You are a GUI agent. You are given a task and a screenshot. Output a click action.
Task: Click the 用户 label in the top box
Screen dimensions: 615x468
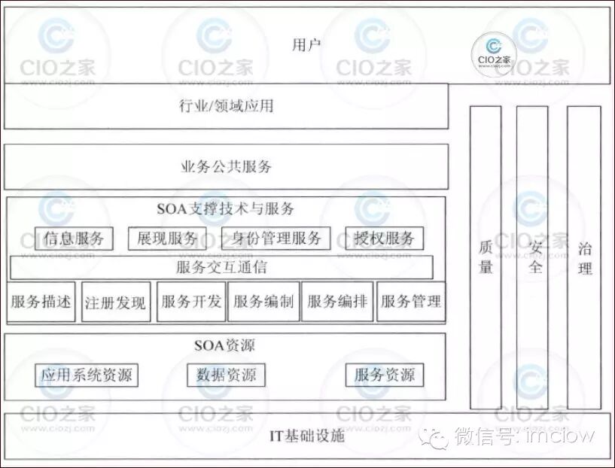306,44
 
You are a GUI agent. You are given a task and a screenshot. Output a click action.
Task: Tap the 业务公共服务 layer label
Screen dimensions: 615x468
226,166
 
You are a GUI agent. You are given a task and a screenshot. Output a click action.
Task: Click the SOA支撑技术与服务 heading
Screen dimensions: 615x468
226,208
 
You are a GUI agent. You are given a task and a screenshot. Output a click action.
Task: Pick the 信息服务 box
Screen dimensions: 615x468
74,239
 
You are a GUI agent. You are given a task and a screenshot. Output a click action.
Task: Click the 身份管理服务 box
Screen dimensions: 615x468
276,239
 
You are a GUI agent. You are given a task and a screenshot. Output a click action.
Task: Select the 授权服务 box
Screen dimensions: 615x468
384,239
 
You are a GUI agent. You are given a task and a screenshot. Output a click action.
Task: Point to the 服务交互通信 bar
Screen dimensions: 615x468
221,267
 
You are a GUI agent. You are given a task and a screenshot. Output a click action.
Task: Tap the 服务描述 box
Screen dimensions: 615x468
41,302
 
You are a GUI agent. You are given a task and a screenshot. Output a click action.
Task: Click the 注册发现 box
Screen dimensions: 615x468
116,302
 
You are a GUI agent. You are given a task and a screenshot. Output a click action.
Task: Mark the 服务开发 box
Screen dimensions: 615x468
191,302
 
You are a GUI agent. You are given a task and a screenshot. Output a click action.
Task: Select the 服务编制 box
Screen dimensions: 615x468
263,302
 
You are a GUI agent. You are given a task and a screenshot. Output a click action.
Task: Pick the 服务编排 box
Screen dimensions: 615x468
337,302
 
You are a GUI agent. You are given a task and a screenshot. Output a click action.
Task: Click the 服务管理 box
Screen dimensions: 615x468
410,302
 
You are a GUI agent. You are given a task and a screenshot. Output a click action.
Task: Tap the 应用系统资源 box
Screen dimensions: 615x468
87,375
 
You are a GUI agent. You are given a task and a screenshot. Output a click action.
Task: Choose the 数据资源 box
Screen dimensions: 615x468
226,375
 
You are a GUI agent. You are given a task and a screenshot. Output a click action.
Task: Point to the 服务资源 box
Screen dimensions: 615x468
384,375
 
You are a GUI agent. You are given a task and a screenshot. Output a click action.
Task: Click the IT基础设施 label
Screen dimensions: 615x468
307,436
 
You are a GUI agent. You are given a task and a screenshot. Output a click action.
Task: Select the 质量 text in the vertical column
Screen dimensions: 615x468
486,257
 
